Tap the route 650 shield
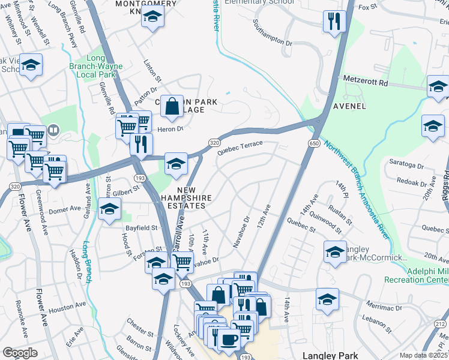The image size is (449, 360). [314, 143]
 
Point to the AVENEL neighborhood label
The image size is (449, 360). [348, 106]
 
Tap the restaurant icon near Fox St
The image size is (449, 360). [332, 21]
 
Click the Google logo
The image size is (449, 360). [20, 353]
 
